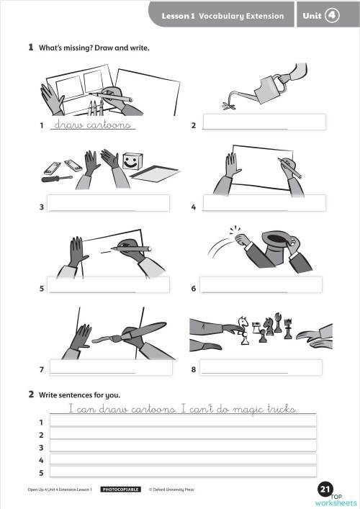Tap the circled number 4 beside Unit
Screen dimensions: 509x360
pos(332,14)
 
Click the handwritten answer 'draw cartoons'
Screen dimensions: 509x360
pos(92,125)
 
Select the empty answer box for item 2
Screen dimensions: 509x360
pos(264,122)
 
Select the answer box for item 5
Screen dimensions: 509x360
pos(109,284)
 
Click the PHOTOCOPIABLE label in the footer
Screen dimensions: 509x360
pos(120,490)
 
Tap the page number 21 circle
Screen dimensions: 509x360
pos(325,490)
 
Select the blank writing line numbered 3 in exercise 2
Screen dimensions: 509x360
pos(182,447)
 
